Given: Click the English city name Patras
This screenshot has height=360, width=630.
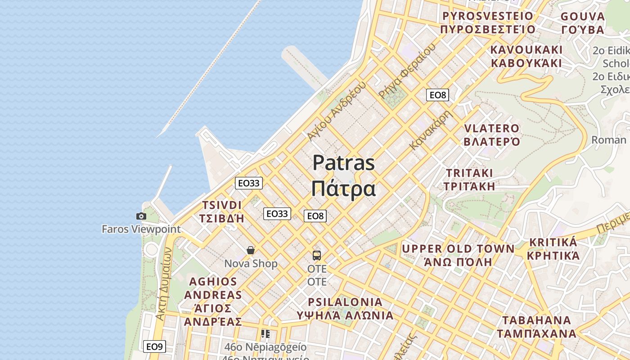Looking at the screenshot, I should point(343,163).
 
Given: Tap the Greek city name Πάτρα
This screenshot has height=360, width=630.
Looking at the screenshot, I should point(343,189).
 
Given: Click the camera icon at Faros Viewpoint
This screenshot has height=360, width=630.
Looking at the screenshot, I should point(141,216).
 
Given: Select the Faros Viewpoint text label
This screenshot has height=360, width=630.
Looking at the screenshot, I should point(141,229).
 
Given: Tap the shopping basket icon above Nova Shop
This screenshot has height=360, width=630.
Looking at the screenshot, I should point(251,250).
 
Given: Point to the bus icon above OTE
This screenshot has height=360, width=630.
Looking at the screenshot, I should point(317,256).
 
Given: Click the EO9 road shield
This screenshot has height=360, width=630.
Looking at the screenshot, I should point(154,346).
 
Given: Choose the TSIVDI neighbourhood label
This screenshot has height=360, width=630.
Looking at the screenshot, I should point(222,205).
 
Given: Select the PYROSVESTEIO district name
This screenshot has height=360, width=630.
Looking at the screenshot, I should point(488,16).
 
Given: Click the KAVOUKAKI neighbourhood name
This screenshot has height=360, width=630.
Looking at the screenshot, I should point(526,49).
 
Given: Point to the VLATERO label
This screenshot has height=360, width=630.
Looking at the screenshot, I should point(492,129).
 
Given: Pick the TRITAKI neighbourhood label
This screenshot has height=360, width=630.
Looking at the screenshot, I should point(469,173).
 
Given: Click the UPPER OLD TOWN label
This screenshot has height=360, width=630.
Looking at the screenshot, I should point(458,249).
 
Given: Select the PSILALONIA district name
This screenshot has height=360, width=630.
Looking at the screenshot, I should point(345,302).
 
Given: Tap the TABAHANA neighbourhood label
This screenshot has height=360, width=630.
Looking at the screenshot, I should point(536,320).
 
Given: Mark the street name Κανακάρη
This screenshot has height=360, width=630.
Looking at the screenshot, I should point(430,130).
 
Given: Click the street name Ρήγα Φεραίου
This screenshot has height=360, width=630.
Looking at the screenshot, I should point(408,71).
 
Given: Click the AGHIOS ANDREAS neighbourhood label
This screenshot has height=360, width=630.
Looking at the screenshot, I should point(213,288).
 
